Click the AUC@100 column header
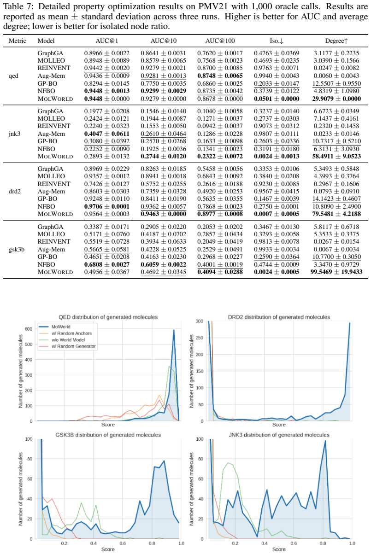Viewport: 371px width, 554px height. pyautogui.click(x=220, y=41)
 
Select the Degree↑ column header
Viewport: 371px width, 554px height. pyautogui.click(x=336, y=41)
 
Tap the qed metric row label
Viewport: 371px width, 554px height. pyautogui.click(x=13, y=76)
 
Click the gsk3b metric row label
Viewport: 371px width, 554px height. pyautogui.click(x=17, y=249)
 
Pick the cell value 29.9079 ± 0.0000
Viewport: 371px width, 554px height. pyautogui.click(x=336, y=99)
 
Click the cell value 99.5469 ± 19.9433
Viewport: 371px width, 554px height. pyautogui.click(x=336, y=272)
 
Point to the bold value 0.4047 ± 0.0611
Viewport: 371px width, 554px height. pyautogui.click(x=106, y=134)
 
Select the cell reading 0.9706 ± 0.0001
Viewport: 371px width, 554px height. pyautogui.click(x=106, y=206)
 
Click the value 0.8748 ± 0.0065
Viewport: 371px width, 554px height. pyautogui.click(x=220, y=76)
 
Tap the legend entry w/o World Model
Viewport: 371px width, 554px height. pyautogui.click(x=68, y=340)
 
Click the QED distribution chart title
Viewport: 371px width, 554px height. pyautogui.click(x=108, y=317)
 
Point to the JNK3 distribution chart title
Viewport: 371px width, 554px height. pyautogui.click(x=279, y=435)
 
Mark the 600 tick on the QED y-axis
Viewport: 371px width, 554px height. pyautogui.click(x=29, y=329)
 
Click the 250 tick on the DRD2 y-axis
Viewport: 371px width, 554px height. pyautogui.click(x=200, y=338)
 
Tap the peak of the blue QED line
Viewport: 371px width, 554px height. pyautogui.click(x=174, y=330)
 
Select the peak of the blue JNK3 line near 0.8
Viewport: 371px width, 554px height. pyautogui.click(x=325, y=440)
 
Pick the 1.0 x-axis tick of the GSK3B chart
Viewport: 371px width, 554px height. pyautogui.click(x=181, y=543)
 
